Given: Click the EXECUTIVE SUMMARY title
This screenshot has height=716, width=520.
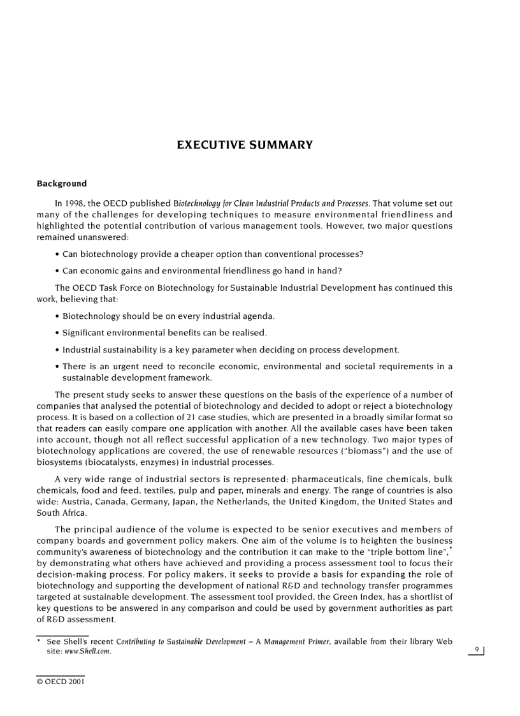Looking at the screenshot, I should (x=245, y=145).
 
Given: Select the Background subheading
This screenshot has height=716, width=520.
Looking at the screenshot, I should (x=62, y=184).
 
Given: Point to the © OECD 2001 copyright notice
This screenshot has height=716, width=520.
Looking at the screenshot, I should (x=61, y=681).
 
